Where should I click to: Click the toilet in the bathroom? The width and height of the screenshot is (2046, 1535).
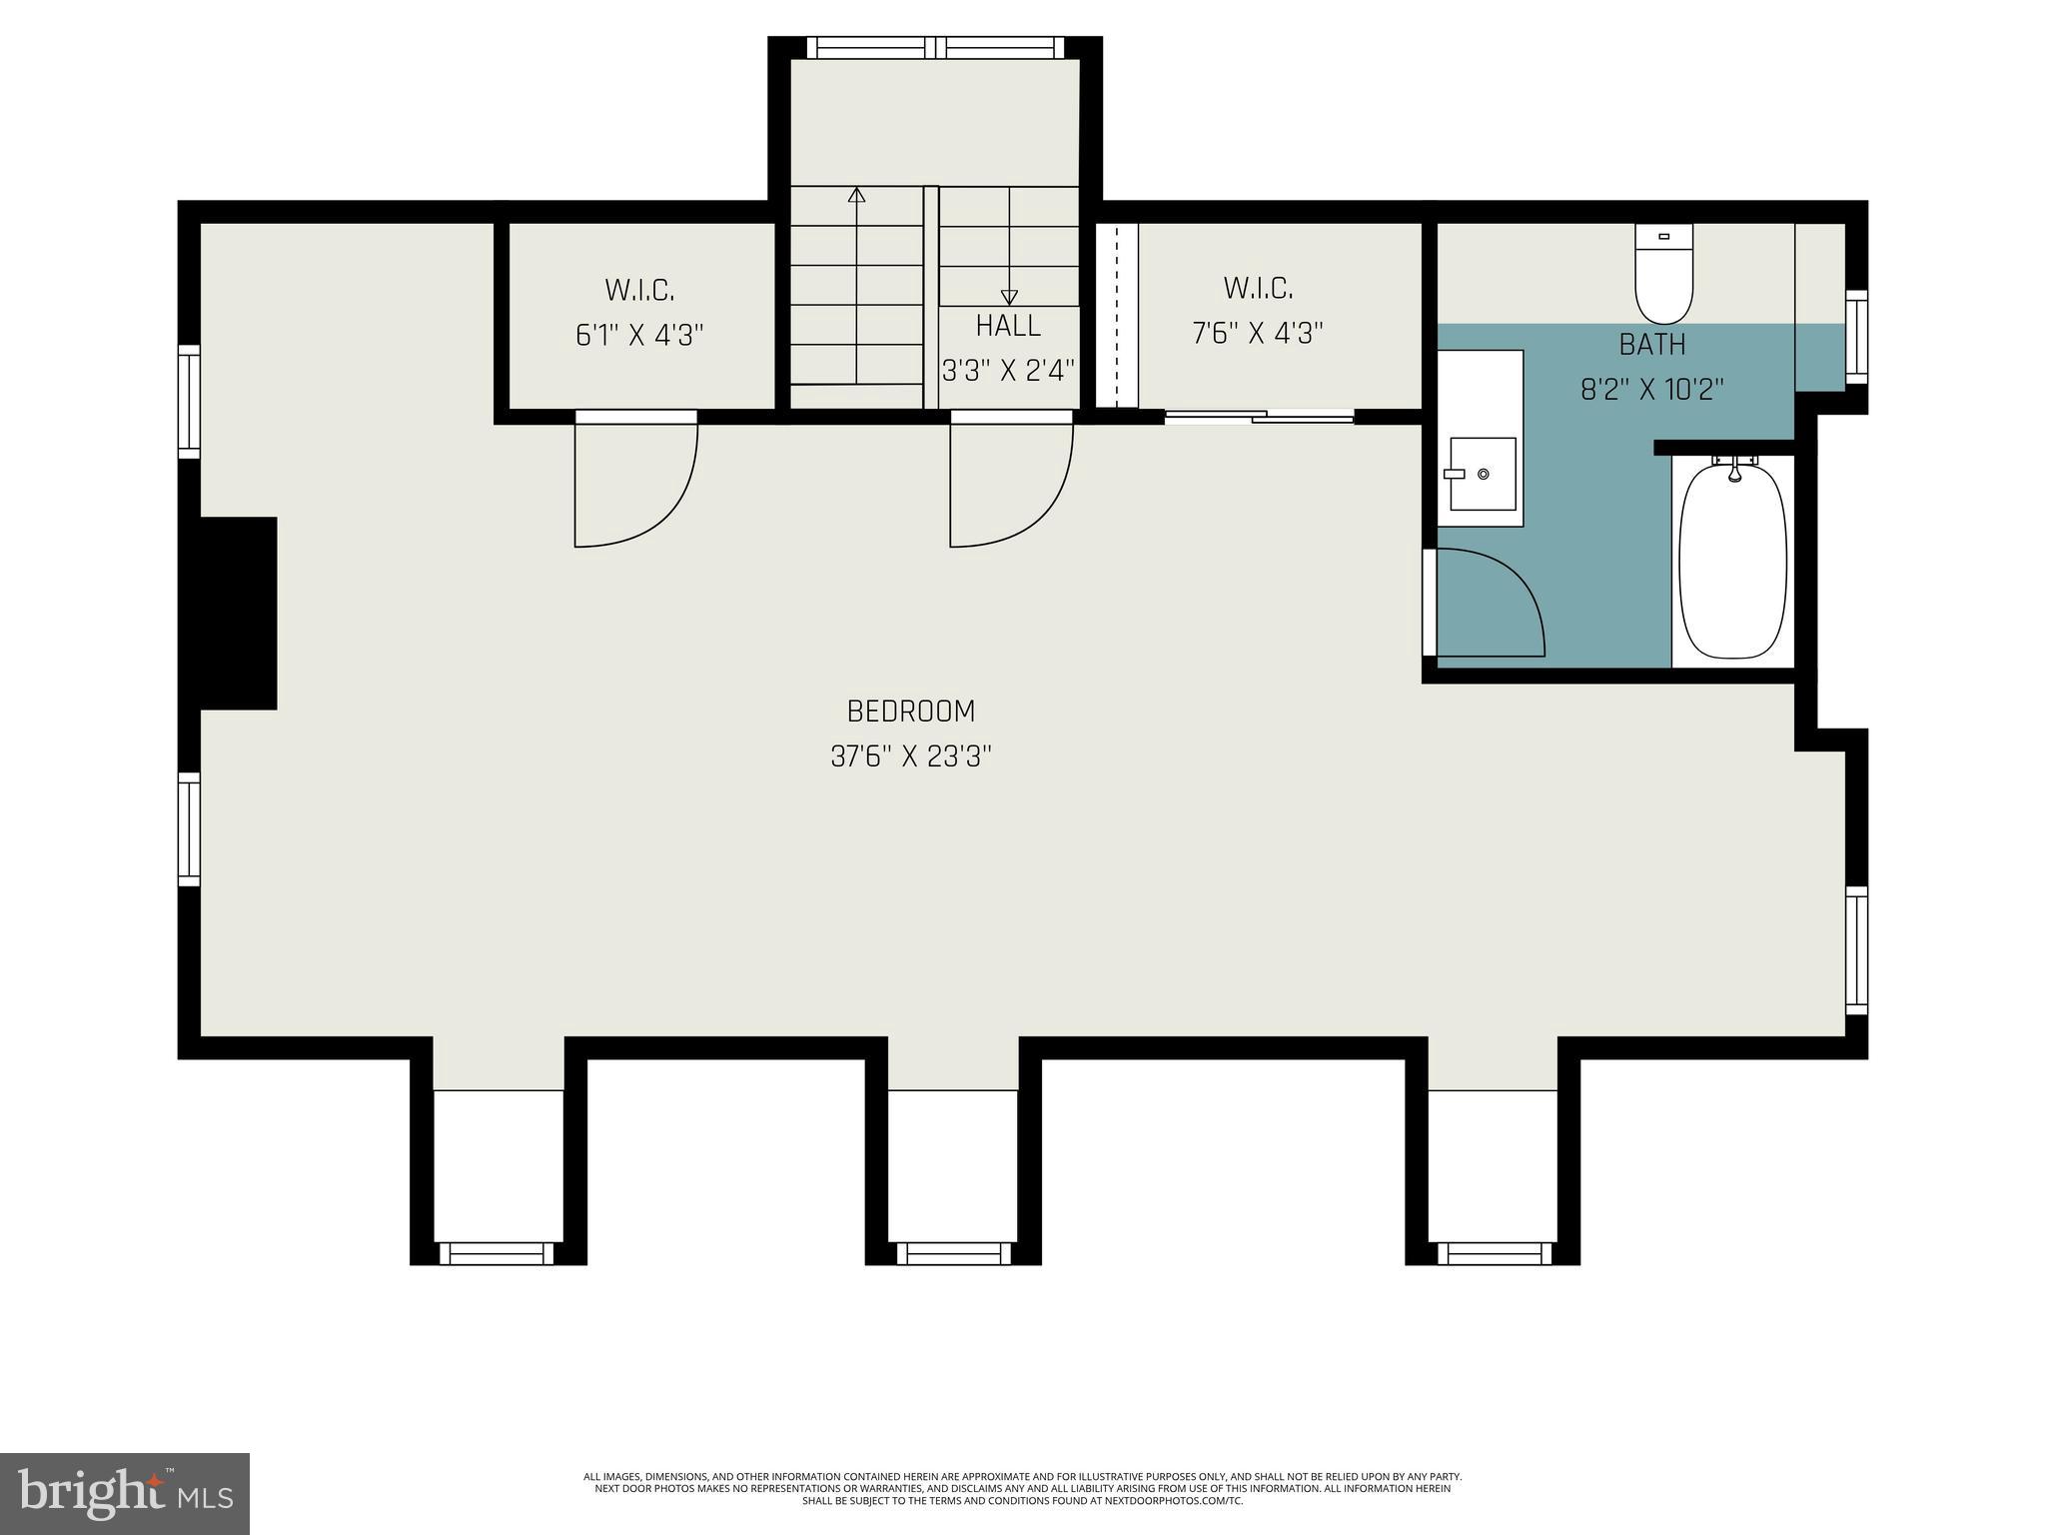pos(1663,275)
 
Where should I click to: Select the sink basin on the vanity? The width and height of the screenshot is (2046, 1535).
pos(1483,474)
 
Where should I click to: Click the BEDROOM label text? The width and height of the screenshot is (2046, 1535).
pos(910,712)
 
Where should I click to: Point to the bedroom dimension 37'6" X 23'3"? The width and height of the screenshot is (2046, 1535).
pos(910,757)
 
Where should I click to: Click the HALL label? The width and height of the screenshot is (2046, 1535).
pos(1008,326)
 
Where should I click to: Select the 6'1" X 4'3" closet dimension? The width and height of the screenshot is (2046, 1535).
pos(639,335)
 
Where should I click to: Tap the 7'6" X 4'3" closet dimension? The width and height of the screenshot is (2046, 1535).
pos(1258,333)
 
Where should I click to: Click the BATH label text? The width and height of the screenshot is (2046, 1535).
pos(1652,345)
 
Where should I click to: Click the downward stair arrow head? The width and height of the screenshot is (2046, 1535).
pos(1009,297)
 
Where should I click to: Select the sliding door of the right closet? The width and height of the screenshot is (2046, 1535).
pos(1259,417)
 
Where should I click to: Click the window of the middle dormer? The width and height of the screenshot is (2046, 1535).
pos(953,1253)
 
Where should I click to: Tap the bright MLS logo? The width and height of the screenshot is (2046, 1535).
pos(125,1494)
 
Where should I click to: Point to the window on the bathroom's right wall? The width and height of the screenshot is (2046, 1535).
pos(1856,336)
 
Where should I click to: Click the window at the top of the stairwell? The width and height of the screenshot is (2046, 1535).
pos(935,47)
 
